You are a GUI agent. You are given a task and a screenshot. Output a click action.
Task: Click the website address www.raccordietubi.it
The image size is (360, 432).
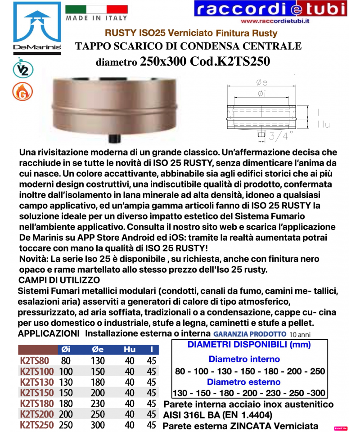point(277,21)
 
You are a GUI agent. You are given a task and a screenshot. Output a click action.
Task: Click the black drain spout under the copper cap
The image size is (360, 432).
point(114,137)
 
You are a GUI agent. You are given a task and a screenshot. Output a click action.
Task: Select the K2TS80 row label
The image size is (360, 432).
point(35,360)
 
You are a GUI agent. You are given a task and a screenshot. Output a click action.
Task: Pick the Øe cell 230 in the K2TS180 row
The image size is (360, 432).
point(98,404)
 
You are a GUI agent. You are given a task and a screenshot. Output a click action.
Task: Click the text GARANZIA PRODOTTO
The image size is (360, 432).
point(250,334)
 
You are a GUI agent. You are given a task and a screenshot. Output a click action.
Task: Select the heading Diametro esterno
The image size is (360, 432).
point(244,382)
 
